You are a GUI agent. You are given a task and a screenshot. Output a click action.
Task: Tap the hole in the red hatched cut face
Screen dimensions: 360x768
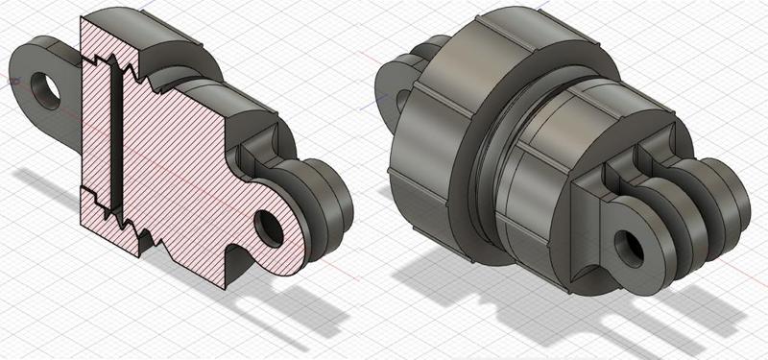(268, 228)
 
